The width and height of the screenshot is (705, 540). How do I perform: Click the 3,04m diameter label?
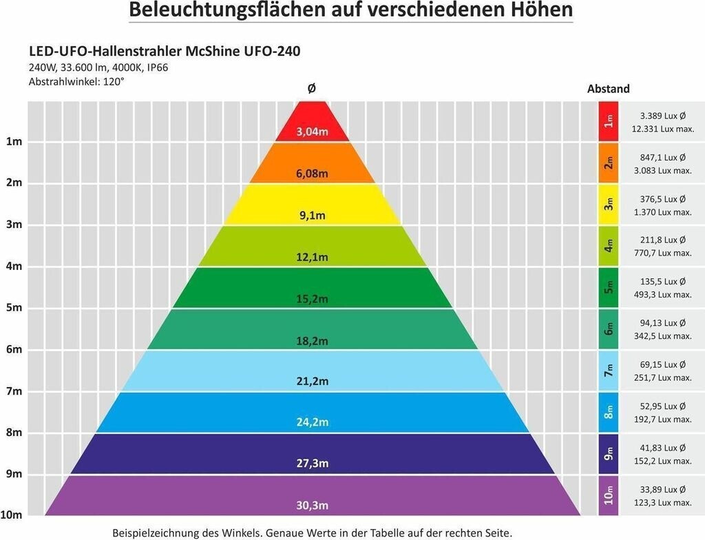(312, 132)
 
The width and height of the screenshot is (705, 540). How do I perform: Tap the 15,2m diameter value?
(312, 298)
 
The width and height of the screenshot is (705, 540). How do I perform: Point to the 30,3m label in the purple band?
(312, 506)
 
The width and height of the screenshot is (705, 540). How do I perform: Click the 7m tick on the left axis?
(14, 391)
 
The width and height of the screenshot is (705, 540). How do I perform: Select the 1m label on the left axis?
(14, 142)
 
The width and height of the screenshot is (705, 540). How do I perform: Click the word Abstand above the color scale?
(608, 89)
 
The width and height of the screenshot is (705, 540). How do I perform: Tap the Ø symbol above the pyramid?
(312, 89)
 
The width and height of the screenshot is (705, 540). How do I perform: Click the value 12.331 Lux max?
(661, 129)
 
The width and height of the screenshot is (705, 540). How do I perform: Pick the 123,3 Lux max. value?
(661, 502)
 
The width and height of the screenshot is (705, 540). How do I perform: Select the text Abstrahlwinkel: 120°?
(76, 81)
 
